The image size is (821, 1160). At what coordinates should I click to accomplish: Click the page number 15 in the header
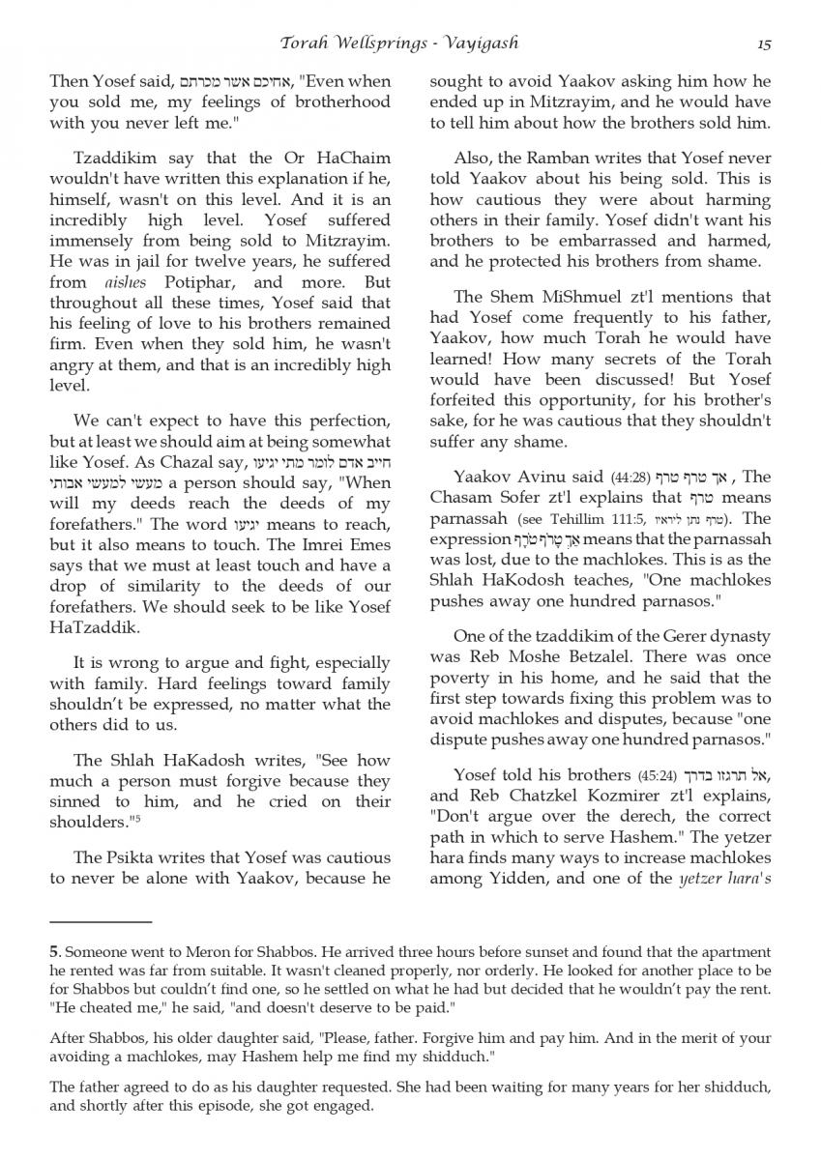tap(764, 43)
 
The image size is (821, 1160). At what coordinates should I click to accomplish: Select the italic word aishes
tap(122, 282)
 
